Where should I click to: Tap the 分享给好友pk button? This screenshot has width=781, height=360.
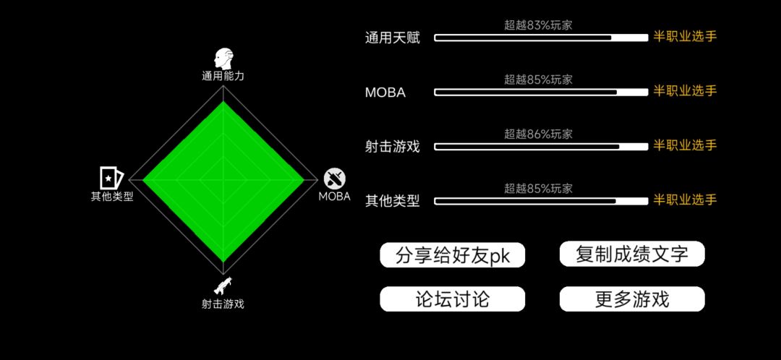[452, 255]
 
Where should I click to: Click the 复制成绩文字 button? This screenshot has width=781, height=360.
[632, 254]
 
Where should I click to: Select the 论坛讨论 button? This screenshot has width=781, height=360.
[452, 299]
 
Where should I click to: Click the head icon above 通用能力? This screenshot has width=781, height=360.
[223, 59]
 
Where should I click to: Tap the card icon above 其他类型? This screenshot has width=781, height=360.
[111, 178]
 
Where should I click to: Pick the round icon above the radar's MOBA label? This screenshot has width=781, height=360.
[335, 179]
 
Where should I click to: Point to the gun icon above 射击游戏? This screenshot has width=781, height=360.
[223, 286]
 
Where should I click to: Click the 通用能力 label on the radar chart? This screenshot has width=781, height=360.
[223, 76]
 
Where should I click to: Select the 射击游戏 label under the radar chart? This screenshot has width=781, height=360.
[223, 304]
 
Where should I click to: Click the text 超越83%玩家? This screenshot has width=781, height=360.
[539, 25]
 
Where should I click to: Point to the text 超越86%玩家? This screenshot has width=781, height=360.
[539, 134]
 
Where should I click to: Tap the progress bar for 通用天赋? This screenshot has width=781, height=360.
[541, 38]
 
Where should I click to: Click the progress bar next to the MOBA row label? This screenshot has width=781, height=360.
[541, 92]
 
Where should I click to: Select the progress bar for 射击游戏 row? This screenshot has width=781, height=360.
[541, 147]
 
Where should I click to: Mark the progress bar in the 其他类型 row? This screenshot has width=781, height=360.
[541, 201]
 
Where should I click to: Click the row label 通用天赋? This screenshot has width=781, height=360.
[393, 38]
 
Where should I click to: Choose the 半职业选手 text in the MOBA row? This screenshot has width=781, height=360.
[685, 91]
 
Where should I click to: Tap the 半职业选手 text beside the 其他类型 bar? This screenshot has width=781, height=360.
[685, 200]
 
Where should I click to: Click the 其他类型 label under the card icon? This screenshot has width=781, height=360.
[112, 196]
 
